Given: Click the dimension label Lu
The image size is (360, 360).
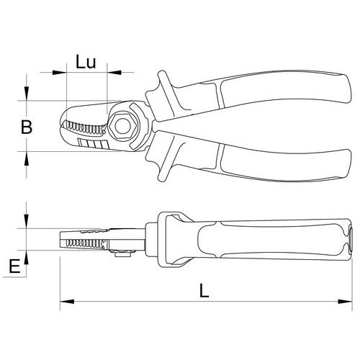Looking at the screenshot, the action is tap(86, 62).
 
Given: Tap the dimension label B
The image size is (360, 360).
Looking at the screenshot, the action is tap(27, 127).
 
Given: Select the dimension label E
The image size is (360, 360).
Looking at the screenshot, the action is tap(14, 266).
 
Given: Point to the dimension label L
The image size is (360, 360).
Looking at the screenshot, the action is tap(204, 291).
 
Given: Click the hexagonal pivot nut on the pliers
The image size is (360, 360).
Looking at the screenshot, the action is tap(122, 127).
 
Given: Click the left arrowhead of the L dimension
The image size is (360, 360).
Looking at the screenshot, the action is tap(67, 302).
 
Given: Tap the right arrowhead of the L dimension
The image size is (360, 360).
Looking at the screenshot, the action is tap(345, 302).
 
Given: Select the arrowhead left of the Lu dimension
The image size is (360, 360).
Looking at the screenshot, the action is tap(59, 72).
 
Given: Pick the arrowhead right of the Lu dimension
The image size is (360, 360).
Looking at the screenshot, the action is tap(114, 72).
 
